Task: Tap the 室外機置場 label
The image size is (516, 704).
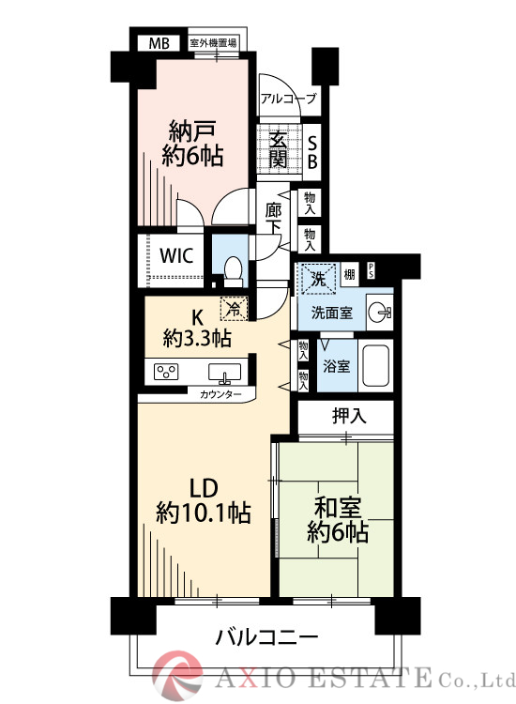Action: (212, 43)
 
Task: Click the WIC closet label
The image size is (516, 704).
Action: (175, 255)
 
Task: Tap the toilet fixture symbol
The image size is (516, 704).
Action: (234, 268)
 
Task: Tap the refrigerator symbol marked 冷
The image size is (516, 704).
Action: (231, 307)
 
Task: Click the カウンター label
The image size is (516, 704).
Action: (220, 395)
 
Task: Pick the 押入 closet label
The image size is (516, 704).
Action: (347, 415)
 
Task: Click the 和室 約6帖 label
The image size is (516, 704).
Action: (337, 519)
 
